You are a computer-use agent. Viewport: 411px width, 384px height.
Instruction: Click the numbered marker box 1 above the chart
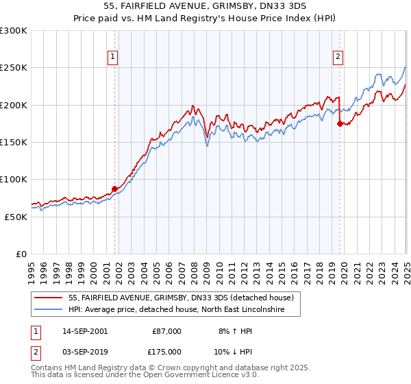pyautogui.click(x=112, y=58)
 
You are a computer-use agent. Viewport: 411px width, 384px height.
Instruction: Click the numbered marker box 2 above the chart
pyautogui.click(x=338, y=58)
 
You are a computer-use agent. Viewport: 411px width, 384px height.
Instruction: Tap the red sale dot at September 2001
pyautogui.click(x=114, y=189)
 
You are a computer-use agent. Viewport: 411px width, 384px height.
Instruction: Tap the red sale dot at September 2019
pyautogui.click(x=340, y=124)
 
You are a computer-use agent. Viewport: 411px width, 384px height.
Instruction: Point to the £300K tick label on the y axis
pyautogui.click(x=14, y=31)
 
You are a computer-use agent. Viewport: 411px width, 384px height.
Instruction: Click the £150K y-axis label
pyautogui.click(x=14, y=142)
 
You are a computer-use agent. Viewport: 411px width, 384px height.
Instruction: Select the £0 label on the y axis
pyautogui.click(x=21, y=254)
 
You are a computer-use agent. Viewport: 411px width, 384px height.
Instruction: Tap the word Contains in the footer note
pyautogui.click(x=49, y=369)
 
